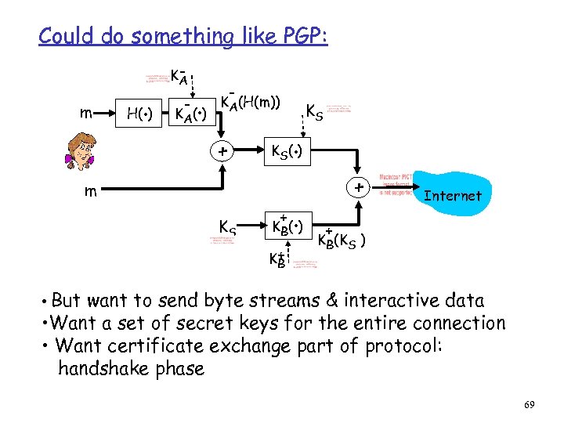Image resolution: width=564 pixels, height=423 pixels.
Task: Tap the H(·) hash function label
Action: (x=140, y=115)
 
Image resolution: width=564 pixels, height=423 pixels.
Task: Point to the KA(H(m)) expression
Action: (x=250, y=102)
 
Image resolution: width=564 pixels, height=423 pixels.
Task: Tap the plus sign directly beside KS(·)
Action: (x=222, y=150)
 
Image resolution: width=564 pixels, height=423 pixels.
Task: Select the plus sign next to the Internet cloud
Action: (x=357, y=188)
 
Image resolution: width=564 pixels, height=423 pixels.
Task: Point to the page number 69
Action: (x=529, y=404)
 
